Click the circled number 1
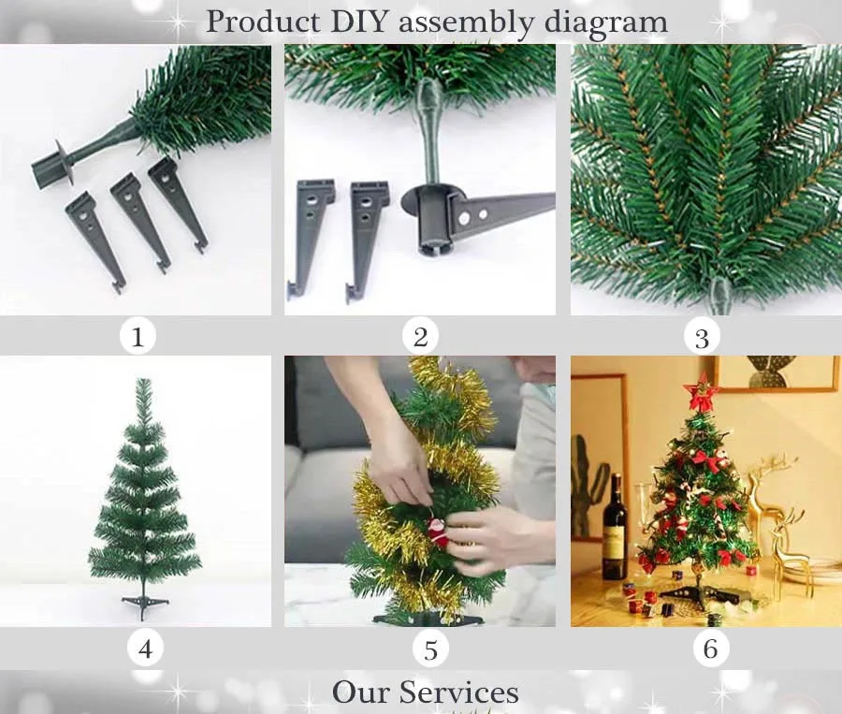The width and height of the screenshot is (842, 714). coord(138,337)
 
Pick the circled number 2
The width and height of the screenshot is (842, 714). coord(420,337)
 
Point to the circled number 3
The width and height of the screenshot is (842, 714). coord(702,338)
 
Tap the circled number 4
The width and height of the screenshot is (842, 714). coord(145,648)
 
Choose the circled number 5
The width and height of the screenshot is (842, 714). coord(430,649)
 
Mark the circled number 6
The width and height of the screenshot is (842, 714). coord(710,648)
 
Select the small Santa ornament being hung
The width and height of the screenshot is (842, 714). coord(438,532)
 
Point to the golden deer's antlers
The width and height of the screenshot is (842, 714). coord(774,466)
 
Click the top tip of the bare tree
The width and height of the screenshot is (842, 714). coord(143,379)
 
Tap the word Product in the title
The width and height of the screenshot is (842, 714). coord(263,22)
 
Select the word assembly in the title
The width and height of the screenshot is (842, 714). coord(466,23)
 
